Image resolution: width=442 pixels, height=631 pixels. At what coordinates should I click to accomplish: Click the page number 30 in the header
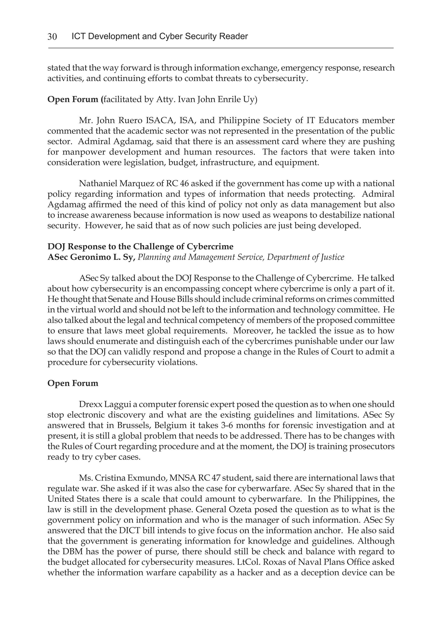pyautogui.click(x=52, y=36)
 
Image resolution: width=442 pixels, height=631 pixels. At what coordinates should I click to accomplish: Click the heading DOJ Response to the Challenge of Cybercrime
pyautogui.click(x=140, y=246)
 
